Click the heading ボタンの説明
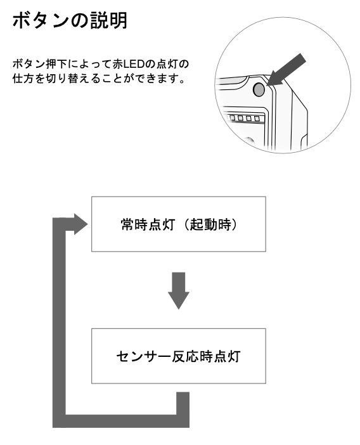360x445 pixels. tap(70, 20)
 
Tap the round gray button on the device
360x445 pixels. tap(259, 89)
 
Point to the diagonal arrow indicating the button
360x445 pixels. tap(286, 70)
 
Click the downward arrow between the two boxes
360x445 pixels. tap(179, 290)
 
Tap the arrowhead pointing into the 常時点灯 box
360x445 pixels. tap(81, 224)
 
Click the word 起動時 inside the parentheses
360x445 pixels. tap(210, 225)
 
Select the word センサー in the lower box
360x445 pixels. tap(143, 356)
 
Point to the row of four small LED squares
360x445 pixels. tap(245, 118)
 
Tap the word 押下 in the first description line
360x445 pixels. tap(56, 64)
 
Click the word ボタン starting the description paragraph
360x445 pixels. tap(29, 64)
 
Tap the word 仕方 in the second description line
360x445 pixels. tap(23, 79)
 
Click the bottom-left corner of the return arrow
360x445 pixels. tap(53, 427)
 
